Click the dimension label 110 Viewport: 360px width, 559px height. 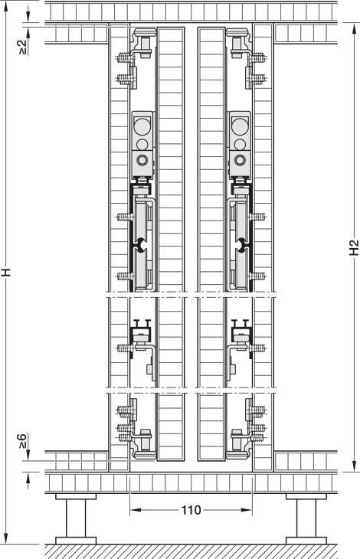click(x=191, y=510)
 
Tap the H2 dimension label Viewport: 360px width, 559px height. click(x=354, y=247)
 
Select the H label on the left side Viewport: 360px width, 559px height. click(x=6, y=273)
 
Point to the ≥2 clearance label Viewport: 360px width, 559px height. click(x=23, y=47)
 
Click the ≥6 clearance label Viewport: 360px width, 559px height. click(x=22, y=441)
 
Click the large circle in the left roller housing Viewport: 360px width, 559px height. click(x=142, y=126)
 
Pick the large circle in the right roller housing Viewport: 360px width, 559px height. click(x=240, y=126)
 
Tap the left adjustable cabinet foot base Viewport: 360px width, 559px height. click(x=76, y=541)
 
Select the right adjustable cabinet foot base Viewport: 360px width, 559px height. click(x=306, y=541)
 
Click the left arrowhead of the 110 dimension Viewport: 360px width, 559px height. click(x=135, y=510)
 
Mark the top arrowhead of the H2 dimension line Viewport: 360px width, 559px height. click(x=354, y=28)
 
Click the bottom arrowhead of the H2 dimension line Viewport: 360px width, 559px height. click(x=354, y=466)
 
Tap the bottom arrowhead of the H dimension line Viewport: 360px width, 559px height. click(x=6, y=538)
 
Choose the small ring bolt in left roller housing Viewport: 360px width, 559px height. click(x=142, y=160)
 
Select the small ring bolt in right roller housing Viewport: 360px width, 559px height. click(x=240, y=160)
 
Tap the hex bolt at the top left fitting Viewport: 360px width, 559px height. click(x=145, y=46)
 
